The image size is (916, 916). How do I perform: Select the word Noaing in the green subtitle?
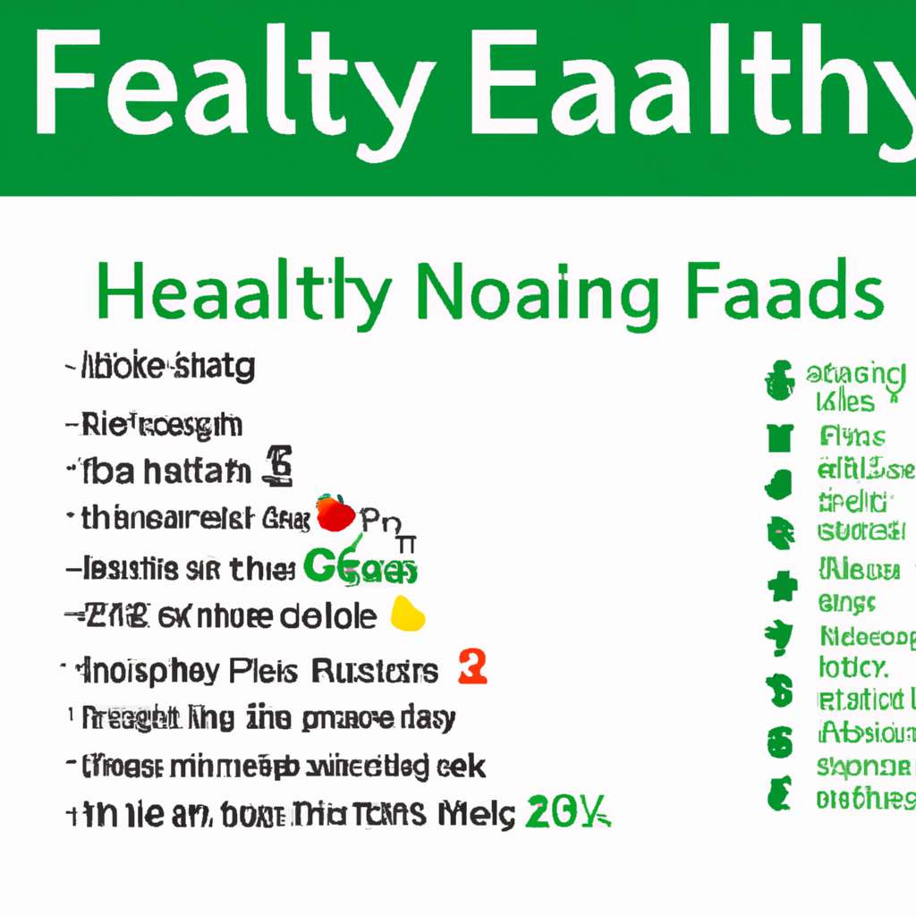coord(535,292)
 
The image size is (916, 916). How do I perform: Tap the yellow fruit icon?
coord(408,614)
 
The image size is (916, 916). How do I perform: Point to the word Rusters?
coord(375,670)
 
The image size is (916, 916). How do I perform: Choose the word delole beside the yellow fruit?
coord(328,616)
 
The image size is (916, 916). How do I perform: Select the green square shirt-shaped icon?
coord(779,437)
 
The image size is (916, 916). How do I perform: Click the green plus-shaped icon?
coord(781,586)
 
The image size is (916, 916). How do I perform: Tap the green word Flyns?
coord(852,437)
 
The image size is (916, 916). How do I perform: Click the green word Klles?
coord(844,401)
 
